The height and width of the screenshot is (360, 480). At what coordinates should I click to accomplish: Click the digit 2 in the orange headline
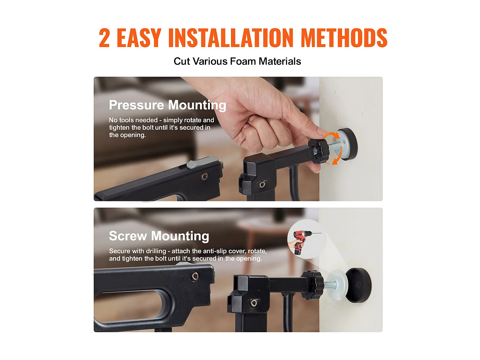(104, 37)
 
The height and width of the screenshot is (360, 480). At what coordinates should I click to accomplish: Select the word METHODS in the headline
(344, 37)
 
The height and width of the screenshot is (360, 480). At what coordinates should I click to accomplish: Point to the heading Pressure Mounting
(167, 105)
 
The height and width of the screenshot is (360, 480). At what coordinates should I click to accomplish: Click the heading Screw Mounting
(159, 236)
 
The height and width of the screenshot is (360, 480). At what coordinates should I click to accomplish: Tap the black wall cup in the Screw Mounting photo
(358, 285)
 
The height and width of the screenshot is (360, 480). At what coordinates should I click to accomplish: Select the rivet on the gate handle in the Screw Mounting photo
(195, 276)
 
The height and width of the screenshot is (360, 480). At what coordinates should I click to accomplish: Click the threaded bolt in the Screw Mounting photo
(330, 284)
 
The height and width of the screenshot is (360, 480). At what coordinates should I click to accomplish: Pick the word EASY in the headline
(139, 37)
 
